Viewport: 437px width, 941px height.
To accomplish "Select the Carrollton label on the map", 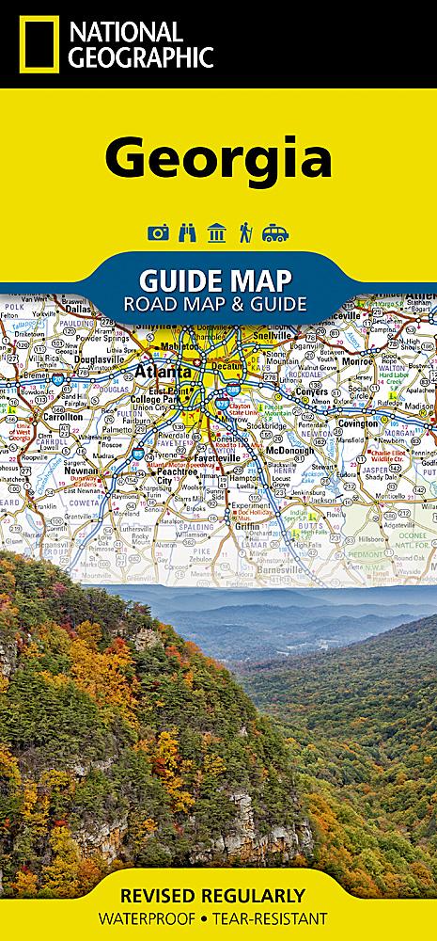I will pyautogui.click(x=62, y=415).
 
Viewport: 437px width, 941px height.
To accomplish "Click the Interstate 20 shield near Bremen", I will pyautogui.click(x=58, y=375).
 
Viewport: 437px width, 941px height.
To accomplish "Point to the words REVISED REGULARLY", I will pyautogui.click(x=218, y=894).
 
